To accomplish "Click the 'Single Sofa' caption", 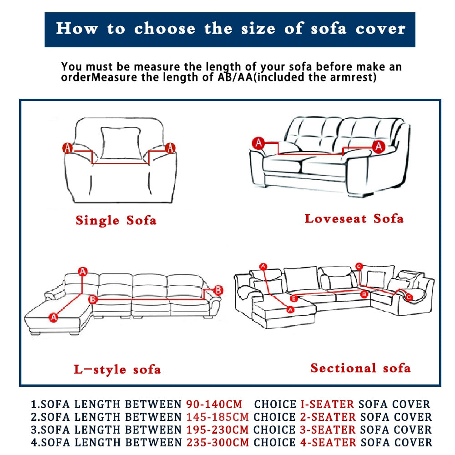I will [116, 221].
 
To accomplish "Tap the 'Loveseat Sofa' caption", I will [354, 218].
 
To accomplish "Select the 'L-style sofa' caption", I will [117, 369].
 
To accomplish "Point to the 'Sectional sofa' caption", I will [360, 368].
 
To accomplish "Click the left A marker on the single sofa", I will [67, 148].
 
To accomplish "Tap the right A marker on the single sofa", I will [170, 148].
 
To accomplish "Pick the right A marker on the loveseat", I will [379, 146].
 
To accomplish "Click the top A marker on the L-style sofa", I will [82, 272].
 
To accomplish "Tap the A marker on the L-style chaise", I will [54, 317].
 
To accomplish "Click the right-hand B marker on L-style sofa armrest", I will [218, 290].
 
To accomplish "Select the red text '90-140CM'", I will [214, 404].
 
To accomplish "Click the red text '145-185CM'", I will [217, 417].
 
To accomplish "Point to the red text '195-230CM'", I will [217, 430].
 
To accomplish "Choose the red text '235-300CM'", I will [217, 442].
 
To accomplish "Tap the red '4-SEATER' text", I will [328, 442].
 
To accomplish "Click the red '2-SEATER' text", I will [328, 417].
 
